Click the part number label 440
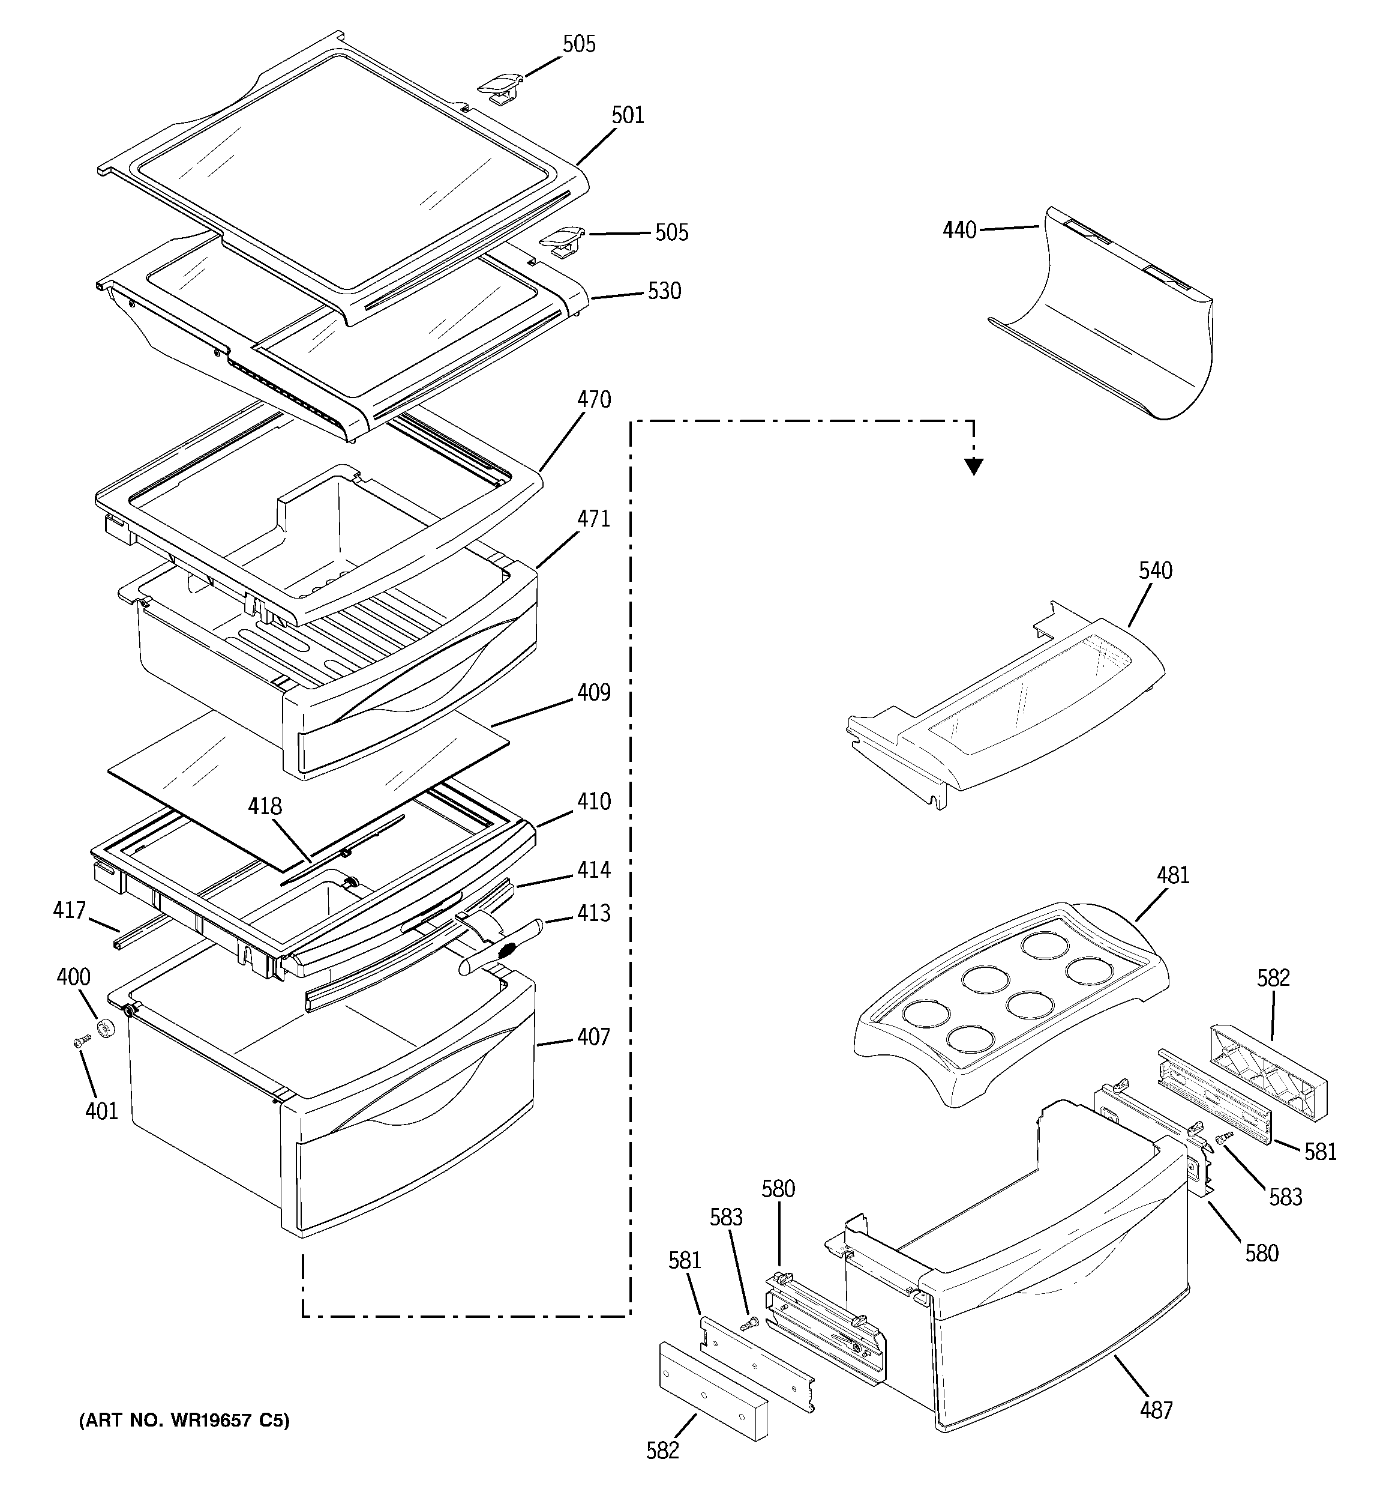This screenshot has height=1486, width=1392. coord(959,229)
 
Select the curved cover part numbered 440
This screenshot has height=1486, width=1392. coord(1106,321)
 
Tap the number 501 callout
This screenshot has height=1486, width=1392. coord(628,115)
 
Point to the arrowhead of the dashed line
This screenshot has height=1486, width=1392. coord(973,467)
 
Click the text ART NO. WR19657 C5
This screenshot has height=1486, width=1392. coord(184,1420)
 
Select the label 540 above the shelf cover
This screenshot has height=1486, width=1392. coord(1155,571)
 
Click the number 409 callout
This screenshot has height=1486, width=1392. coord(593,693)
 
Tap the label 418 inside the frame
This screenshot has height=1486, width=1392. coord(265,806)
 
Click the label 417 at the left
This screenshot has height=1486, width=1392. coord(70,910)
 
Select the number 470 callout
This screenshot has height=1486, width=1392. coord(593,400)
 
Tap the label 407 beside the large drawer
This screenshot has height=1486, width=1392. coord(593,1037)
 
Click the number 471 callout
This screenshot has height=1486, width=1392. coord(593,519)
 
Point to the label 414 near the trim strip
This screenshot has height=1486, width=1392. coord(593,869)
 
